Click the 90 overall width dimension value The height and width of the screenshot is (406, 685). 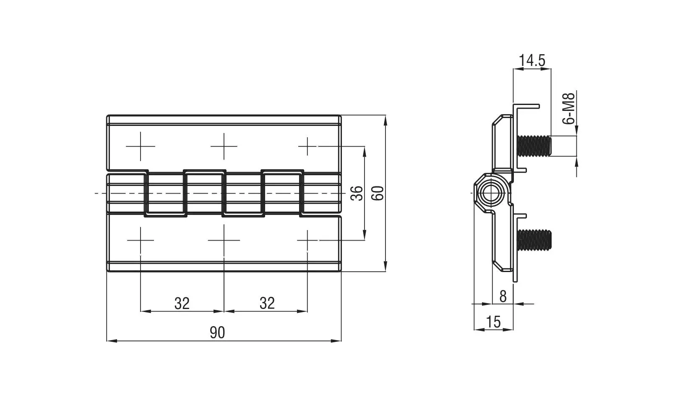tap(217, 333)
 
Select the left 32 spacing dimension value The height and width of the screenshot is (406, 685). tap(182, 304)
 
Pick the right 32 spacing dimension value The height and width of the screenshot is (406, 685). tap(267, 303)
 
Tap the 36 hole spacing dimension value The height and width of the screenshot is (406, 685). tap(357, 193)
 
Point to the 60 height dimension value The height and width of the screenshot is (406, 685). tap(378, 193)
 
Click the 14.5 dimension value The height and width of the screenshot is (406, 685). tap(532, 60)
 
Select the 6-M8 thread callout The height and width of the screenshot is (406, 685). tap(568, 108)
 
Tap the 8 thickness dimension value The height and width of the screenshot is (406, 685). tap(503, 296)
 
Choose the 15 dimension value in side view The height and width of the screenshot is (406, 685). tap(493, 322)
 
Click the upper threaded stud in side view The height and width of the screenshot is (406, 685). tap(534, 146)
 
